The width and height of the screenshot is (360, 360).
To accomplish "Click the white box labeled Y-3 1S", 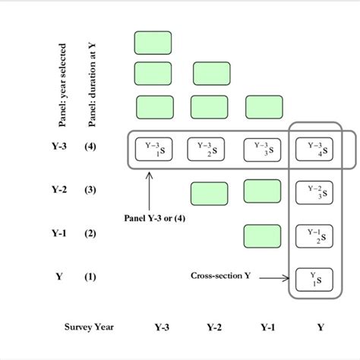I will (154, 148).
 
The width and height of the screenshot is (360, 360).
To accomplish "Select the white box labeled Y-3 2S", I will (208, 148).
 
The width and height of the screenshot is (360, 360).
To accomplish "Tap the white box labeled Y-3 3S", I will (262, 148).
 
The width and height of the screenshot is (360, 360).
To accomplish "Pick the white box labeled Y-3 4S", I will (314, 148).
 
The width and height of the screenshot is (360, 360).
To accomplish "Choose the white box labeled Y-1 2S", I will (314, 235).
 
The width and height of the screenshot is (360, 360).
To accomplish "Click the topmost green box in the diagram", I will (153, 42).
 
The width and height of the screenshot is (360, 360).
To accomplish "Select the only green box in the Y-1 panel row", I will (263, 235).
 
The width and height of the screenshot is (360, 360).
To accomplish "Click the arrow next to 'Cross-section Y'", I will (272, 278).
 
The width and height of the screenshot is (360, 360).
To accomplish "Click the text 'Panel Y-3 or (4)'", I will (154, 217).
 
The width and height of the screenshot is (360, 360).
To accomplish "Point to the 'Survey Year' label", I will (89, 327).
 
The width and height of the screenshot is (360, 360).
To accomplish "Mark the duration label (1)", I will (90, 277).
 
